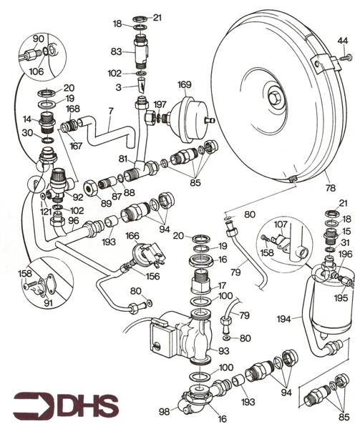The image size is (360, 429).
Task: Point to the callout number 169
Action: [x=185, y=85]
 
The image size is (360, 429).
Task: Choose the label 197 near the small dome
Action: [x=160, y=104]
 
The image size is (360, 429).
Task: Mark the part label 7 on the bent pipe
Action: [x=110, y=112]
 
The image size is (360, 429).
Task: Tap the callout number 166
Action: [x=132, y=235]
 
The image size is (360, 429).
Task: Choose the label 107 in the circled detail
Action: [x=280, y=222]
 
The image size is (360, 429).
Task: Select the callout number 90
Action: [x=39, y=37]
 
